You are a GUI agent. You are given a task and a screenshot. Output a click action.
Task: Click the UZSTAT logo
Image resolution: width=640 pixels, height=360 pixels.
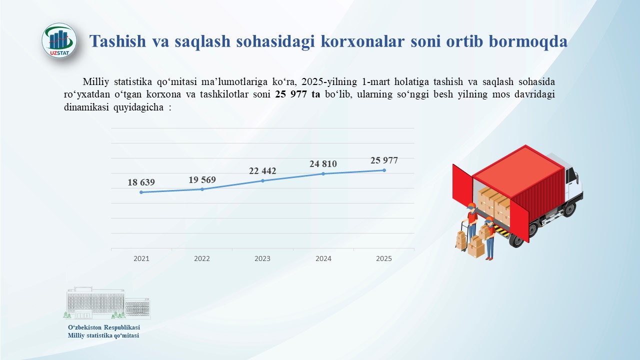coord(59,40)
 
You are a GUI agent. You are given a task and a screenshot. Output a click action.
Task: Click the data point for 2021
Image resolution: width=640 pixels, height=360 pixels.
coord(141,192)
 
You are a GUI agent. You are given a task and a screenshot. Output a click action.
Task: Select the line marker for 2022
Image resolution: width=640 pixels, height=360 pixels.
coord(202,189)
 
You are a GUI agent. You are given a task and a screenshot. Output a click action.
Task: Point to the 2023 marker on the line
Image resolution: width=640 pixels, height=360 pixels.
coord(263,180)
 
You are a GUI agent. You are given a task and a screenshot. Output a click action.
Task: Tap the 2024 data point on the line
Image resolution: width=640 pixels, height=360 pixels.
coord(323,173)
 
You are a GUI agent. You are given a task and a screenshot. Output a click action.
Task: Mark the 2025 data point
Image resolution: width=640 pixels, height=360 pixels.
coord(384,170)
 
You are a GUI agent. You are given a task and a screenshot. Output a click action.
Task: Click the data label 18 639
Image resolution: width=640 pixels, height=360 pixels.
coord(141,182)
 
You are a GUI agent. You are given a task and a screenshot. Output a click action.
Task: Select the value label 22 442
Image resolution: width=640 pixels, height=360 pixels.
coord(262,171)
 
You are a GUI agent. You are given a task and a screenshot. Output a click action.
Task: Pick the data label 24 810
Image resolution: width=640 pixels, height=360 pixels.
coord(323,163)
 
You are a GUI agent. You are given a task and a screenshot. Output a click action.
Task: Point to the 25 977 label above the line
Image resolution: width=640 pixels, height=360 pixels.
coord(384,160)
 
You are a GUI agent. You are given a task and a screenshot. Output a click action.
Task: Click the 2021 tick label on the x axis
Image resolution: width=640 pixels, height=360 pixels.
coord(141,258)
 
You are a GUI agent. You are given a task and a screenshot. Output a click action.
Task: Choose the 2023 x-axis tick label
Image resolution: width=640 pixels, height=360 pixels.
coord(262,258)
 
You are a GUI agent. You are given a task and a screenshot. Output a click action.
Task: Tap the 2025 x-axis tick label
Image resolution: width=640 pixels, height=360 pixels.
coord(384,258)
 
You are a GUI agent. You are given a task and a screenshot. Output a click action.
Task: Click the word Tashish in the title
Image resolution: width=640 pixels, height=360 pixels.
coord(117,41)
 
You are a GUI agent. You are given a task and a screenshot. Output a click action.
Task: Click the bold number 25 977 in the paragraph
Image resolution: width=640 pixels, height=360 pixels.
coord(291,94)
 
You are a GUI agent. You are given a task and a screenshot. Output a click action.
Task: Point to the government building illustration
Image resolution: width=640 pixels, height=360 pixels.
coord(107,303)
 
